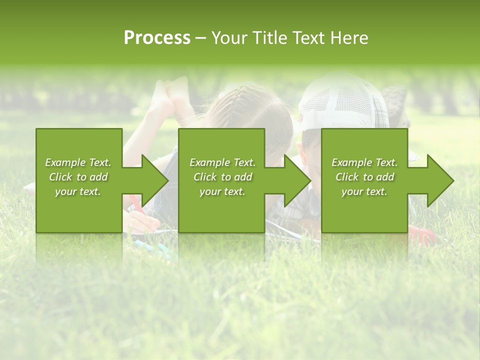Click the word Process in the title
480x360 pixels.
[157, 38]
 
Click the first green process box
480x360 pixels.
[79, 180]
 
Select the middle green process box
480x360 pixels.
[221, 180]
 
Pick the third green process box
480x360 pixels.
[364, 180]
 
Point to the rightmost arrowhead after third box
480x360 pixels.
[440, 180]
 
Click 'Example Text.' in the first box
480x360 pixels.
[78, 162]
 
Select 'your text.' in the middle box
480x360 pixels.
[222, 191]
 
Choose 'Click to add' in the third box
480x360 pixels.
[364, 177]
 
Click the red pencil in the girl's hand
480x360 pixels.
[137, 205]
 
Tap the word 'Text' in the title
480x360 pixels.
[308, 38]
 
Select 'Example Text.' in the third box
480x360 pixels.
[364, 162]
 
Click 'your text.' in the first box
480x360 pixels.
[78, 191]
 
